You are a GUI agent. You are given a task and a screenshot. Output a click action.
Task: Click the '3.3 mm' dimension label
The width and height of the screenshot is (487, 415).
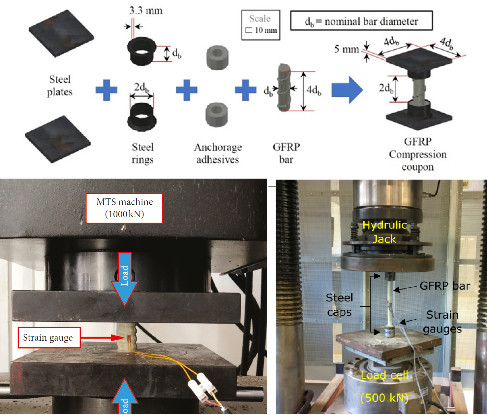[146, 11]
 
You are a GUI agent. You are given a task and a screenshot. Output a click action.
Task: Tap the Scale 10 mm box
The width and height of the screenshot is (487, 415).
[260, 25]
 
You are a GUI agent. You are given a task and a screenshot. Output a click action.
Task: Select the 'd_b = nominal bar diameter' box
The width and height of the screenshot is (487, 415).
[361, 21]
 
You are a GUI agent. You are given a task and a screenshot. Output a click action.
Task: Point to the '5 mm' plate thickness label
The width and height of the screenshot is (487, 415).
[346, 49]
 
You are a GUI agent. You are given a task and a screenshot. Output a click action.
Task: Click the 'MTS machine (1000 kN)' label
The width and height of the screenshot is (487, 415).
[124, 208]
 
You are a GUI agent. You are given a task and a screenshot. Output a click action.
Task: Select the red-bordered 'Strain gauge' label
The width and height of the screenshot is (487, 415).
[49, 337]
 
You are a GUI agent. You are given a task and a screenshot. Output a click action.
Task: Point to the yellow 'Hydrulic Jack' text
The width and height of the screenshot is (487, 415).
[384, 231]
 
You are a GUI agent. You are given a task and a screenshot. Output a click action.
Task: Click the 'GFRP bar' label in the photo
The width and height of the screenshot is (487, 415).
[444, 286]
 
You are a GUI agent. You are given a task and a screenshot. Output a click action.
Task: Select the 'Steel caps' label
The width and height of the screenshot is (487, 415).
[339, 305]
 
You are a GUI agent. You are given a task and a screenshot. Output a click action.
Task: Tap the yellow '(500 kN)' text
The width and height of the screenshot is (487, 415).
[384, 398]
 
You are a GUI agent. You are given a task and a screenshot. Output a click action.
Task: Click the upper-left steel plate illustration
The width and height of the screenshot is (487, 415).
[61, 33]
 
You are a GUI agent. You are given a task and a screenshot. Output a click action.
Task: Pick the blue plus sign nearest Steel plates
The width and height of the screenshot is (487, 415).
[106, 90]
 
